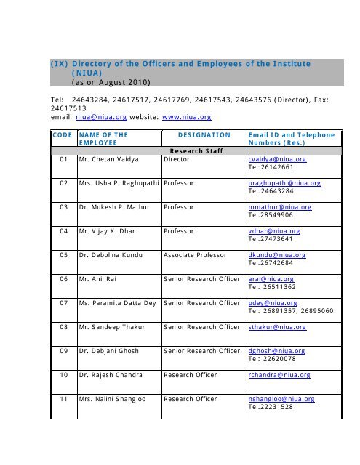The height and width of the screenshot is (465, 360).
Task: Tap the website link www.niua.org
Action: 199,113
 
